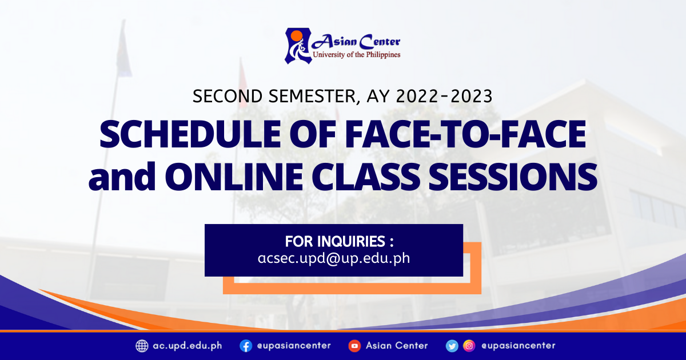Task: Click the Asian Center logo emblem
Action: (x=298, y=46)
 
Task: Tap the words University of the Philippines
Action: (x=357, y=55)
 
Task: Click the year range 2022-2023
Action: (x=444, y=96)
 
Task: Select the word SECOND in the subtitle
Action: (x=228, y=96)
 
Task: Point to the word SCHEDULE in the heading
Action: (x=190, y=134)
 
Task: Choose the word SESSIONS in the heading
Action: (x=513, y=177)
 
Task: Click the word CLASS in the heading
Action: (x=366, y=177)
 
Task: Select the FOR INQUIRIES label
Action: (x=340, y=242)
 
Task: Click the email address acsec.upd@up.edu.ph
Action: (x=334, y=258)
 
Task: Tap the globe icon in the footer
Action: (x=142, y=346)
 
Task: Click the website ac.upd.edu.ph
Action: (x=188, y=346)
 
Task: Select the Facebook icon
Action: (x=246, y=346)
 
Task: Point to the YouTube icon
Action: (x=354, y=346)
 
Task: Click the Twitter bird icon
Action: (x=452, y=346)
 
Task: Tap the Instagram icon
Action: (x=469, y=346)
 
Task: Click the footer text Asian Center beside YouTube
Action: (x=397, y=346)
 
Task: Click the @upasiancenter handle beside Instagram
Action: (x=518, y=346)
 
